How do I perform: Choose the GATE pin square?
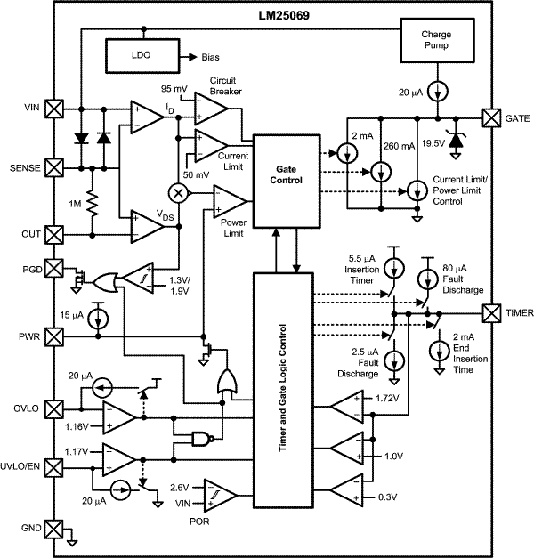pos(490,117)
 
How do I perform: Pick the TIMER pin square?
pos(490,312)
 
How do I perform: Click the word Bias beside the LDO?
pos(210,57)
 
